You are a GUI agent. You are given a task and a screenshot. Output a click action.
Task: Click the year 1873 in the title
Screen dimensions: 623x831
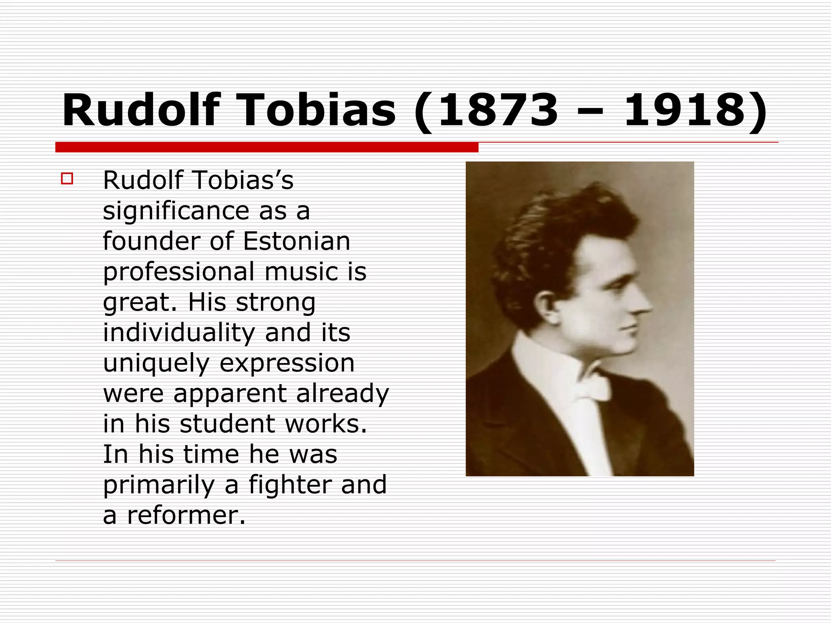coord(498,110)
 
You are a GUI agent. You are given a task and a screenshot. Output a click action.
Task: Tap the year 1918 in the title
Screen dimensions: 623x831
coord(685,110)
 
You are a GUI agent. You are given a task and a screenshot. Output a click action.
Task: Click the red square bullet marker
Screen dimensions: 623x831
coord(67,179)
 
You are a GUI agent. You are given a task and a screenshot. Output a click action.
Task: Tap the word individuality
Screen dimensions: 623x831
coord(179,333)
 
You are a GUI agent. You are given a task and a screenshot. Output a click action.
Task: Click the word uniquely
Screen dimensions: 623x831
coord(156,363)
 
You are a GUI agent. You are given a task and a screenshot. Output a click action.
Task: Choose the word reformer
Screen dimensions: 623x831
coord(187,516)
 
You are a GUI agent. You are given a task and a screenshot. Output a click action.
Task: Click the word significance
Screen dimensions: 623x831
coord(176,211)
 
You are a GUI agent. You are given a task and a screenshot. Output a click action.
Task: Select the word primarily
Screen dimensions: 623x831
coord(159,485)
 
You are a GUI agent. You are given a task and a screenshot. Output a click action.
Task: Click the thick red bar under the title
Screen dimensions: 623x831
coord(267,147)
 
